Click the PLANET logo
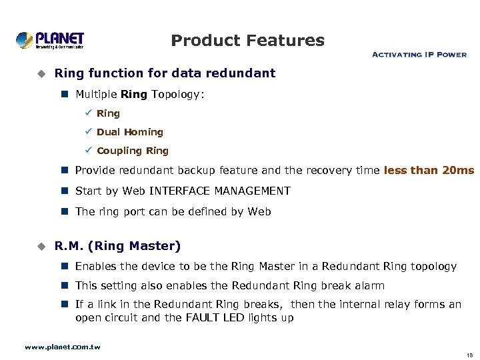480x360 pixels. click(50, 40)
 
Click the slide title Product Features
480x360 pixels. click(247, 41)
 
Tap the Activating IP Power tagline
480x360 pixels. click(419, 55)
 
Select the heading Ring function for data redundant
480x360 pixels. click(165, 73)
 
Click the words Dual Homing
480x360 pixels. click(130, 132)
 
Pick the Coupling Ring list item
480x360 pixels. click(133, 151)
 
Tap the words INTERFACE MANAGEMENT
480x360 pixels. click(220, 191)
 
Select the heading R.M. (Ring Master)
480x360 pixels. click(117, 246)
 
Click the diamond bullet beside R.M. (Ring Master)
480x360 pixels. click(40, 246)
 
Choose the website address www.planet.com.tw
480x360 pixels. click(62, 347)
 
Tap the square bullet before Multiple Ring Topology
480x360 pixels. click(65, 95)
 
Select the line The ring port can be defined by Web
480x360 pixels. click(173, 211)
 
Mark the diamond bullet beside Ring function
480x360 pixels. click(40, 73)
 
